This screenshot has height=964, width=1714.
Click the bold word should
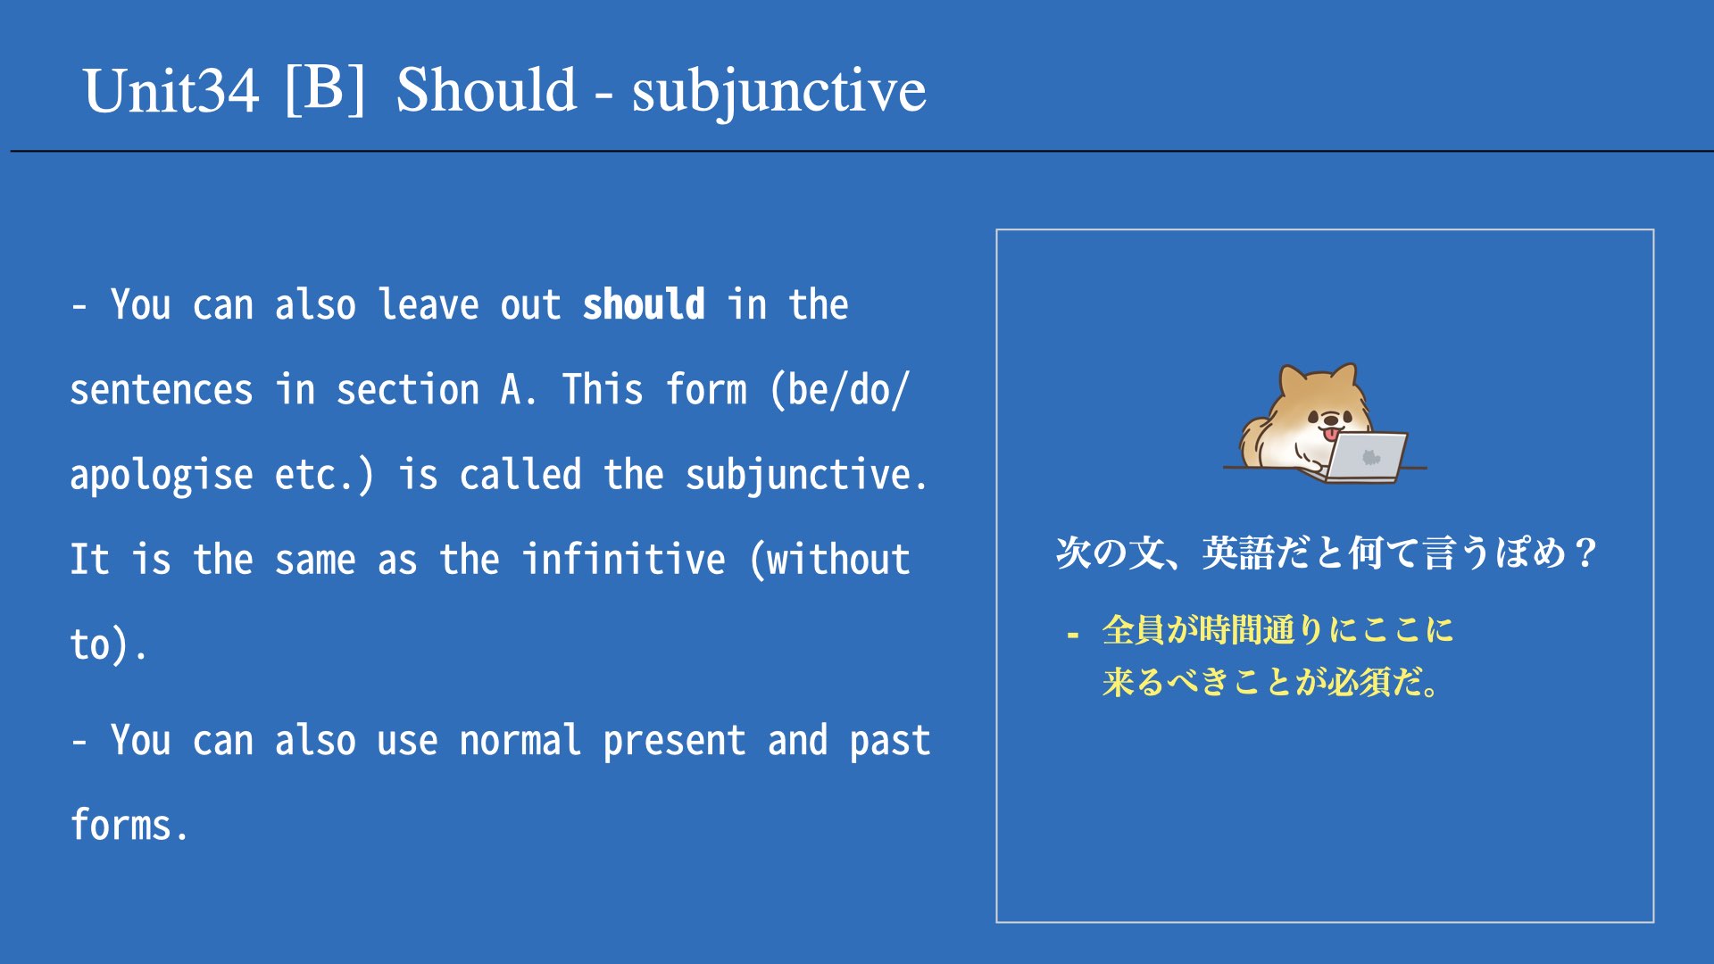(644, 305)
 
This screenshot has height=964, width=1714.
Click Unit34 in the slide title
(171, 91)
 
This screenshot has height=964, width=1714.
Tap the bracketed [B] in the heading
(325, 88)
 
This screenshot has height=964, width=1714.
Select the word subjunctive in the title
(779, 92)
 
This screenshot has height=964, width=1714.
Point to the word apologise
(162, 476)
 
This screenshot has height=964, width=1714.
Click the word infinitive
(624, 561)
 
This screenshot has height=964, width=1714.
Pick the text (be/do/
(839, 390)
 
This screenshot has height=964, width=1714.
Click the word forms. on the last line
(129, 825)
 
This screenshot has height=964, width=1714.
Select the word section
(408, 390)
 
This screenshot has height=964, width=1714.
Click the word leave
(428, 305)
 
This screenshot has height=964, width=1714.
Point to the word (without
(829, 561)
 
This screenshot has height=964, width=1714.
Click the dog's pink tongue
(1331, 435)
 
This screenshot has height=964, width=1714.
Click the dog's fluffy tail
(1256, 439)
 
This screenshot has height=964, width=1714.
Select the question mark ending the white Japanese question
(1585, 553)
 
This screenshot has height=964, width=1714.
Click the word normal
(520, 741)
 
